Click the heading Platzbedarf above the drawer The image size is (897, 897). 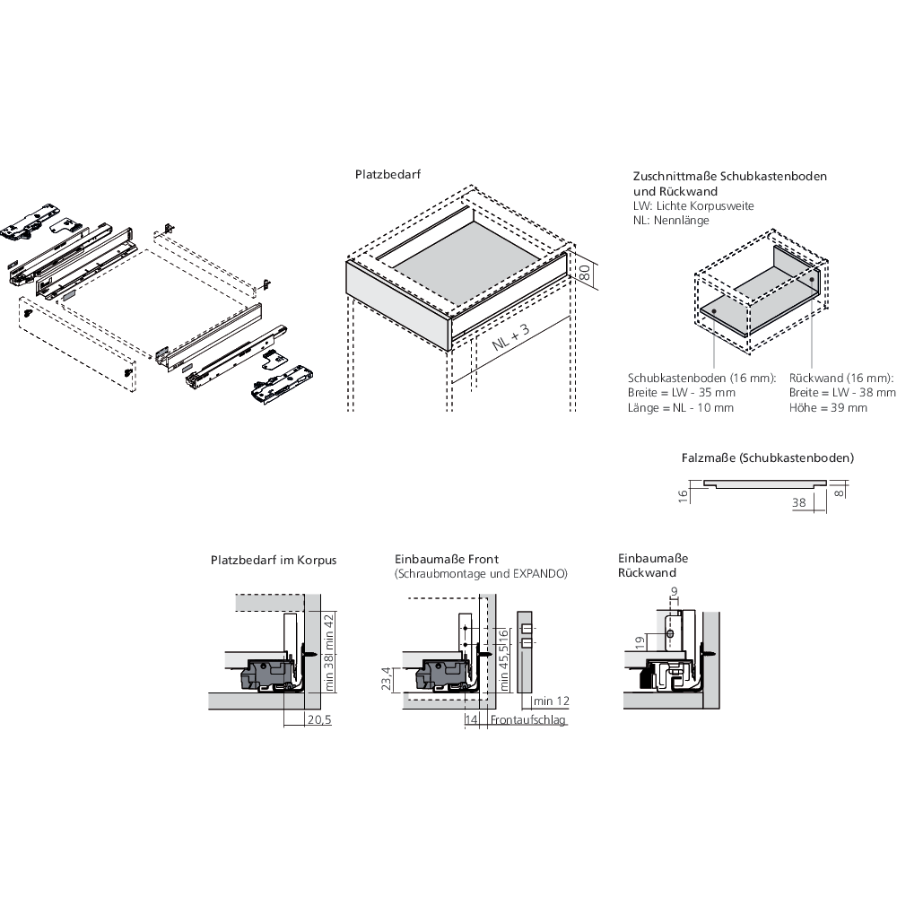[x=388, y=176]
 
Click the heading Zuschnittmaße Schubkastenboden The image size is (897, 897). [x=729, y=177]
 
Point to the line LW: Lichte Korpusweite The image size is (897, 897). [x=693, y=206]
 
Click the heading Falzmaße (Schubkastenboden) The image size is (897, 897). [x=767, y=457]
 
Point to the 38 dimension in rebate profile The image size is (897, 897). [x=799, y=504]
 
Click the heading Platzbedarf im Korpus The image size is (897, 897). [x=274, y=560]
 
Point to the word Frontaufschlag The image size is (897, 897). [x=529, y=720]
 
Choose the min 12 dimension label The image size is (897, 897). [x=551, y=701]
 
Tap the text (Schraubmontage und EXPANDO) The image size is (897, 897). [x=481, y=573]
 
